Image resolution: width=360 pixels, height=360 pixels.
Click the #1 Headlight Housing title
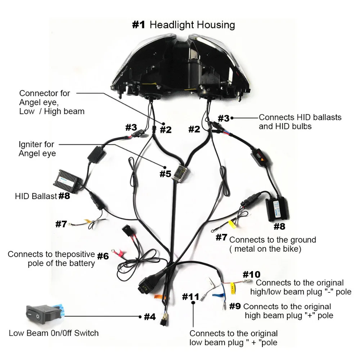(x=184, y=25)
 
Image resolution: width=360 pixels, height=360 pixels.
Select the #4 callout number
(x=149, y=317)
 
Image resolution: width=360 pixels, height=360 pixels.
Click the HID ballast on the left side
(x=69, y=179)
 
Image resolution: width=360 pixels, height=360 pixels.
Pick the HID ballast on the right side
(x=277, y=208)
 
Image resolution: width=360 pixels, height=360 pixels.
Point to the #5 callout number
(x=165, y=174)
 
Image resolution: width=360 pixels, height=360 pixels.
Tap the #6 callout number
(x=103, y=256)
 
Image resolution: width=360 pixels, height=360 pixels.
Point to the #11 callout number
(x=190, y=297)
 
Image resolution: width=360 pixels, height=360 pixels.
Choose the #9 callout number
(x=235, y=306)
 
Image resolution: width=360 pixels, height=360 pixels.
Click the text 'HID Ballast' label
(x=36, y=197)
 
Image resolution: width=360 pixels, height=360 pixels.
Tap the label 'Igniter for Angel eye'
(x=36, y=149)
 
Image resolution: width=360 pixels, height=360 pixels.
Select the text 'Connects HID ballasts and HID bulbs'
(x=300, y=122)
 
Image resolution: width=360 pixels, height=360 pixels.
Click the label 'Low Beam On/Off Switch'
(x=54, y=333)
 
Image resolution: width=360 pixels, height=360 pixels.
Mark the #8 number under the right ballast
(x=280, y=226)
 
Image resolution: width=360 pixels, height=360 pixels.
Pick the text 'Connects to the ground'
(x=273, y=240)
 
